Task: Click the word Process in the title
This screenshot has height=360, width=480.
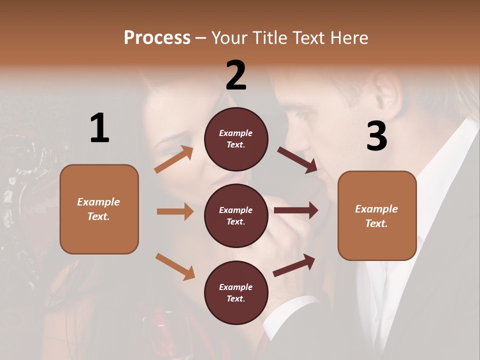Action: coord(157,37)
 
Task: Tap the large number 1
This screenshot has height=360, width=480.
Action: coord(99,128)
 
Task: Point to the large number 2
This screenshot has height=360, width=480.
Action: coord(236,75)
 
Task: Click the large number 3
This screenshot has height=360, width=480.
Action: coord(376,136)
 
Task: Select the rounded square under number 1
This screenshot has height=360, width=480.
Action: coord(99,209)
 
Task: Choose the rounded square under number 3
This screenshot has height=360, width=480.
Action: coord(377,215)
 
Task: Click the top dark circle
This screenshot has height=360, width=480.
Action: coord(236,139)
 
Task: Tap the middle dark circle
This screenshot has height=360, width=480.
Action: coord(236,215)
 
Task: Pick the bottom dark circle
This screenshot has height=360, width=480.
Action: coord(236,292)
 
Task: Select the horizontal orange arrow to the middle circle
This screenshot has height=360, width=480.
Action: coord(175,211)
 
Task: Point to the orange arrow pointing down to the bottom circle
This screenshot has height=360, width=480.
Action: coord(175,266)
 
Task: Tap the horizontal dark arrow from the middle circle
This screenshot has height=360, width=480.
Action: coord(295,210)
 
